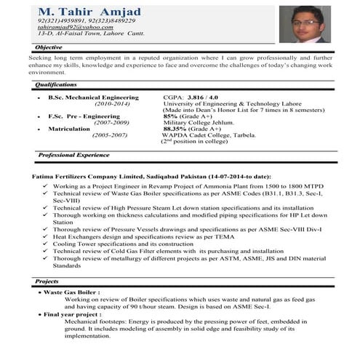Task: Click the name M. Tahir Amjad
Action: click(99, 12)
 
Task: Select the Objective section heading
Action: click(49, 47)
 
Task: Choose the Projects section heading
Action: click(47, 281)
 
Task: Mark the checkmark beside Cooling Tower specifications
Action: click(45, 242)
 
